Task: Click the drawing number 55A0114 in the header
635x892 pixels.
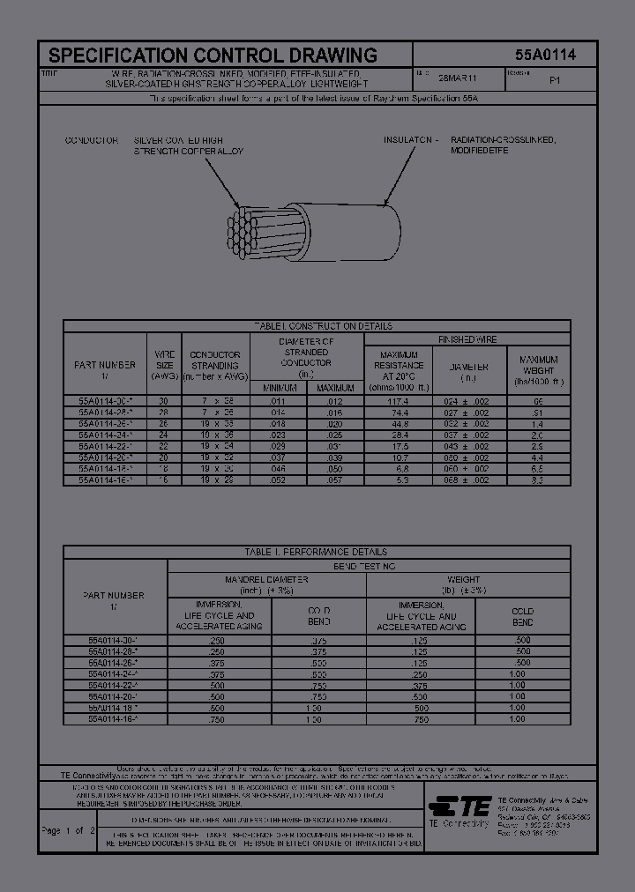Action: click(x=545, y=55)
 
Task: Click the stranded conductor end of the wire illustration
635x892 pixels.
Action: click(x=243, y=233)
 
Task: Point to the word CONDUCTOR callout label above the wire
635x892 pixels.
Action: click(x=92, y=140)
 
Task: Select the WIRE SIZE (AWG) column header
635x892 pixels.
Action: click(x=165, y=364)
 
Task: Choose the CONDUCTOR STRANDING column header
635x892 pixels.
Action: click(x=215, y=364)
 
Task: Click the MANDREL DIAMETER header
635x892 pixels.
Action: click(x=266, y=579)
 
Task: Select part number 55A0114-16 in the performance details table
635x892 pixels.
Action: click(x=115, y=719)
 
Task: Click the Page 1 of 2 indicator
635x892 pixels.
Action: click(x=68, y=830)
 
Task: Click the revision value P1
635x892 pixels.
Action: click(x=555, y=79)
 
